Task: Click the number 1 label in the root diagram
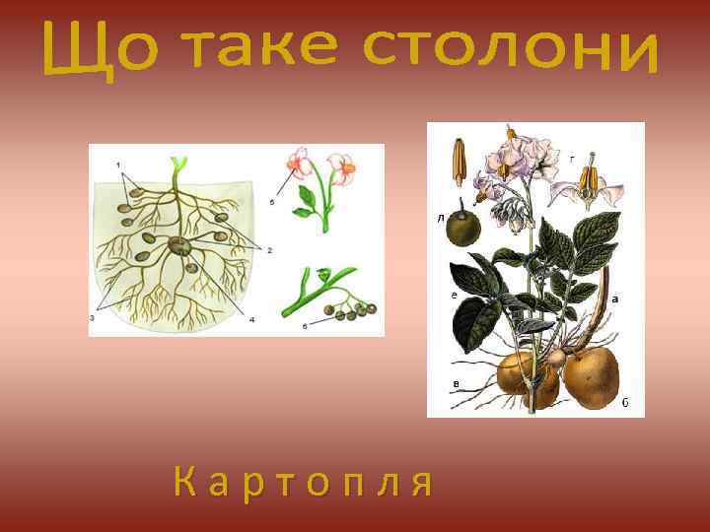pyautogui.click(x=118, y=163)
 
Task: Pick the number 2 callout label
pyautogui.click(x=268, y=250)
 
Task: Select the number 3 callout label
pyautogui.click(x=92, y=317)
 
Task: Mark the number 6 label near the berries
pyautogui.click(x=305, y=325)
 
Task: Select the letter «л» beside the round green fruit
pyautogui.click(x=439, y=218)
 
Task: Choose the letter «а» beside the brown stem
pyautogui.click(x=615, y=298)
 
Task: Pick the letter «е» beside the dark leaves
pyautogui.click(x=453, y=295)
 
